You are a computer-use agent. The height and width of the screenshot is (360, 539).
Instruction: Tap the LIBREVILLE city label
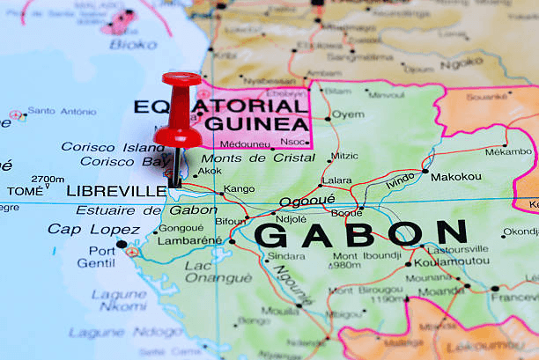tap(116, 191)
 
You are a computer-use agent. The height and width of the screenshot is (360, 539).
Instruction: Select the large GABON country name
tap(360, 234)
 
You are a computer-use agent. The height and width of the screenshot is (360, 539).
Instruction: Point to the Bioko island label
tap(134, 44)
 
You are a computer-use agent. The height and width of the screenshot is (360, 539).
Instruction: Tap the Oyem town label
tap(348, 114)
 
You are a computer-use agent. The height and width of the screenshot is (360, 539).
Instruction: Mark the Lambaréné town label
tap(189, 240)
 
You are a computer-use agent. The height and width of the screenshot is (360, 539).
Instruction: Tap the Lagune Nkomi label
tap(119, 300)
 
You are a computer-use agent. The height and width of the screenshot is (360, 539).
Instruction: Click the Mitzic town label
tap(344, 156)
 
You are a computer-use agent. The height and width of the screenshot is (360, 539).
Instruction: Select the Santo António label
tap(62, 112)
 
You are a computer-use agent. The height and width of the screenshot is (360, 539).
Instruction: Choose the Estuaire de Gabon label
tap(145, 210)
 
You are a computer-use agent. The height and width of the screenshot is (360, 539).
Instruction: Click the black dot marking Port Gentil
tap(121, 244)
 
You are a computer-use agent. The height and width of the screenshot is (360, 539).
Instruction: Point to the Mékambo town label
tap(508, 151)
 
